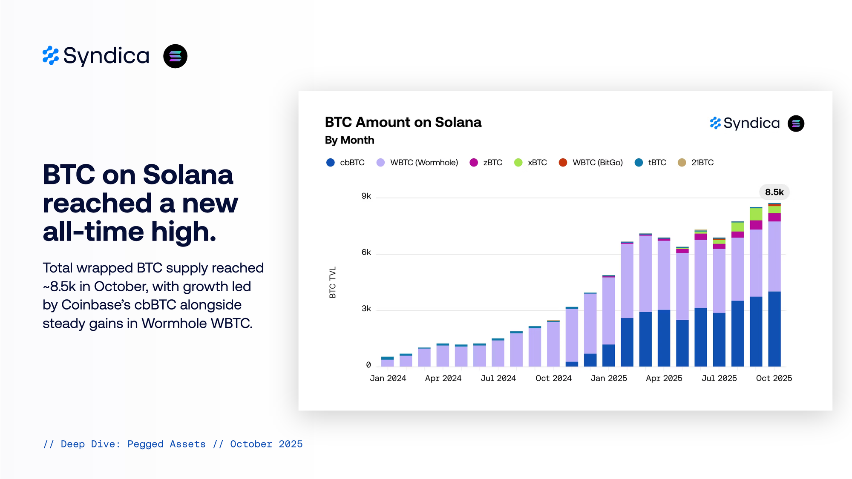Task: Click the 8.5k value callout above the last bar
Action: point(774,192)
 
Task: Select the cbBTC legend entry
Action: point(345,163)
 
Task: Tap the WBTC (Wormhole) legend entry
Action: point(417,163)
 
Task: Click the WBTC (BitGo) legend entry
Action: point(591,163)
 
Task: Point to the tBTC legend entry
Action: point(651,163)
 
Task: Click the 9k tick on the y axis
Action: point(366,196)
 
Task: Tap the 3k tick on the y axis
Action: point(366,309)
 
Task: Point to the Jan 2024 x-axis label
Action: point(388,378)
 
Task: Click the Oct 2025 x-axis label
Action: point(774,378)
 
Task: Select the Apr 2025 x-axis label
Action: point(664,378)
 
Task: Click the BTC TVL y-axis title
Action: point(333,282)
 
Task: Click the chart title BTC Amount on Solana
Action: point(403,123)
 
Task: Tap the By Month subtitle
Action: point(349,140)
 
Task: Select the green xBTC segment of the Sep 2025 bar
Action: point(756,214)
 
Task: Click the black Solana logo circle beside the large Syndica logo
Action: point(175,56)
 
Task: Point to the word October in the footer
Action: point(251,444)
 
